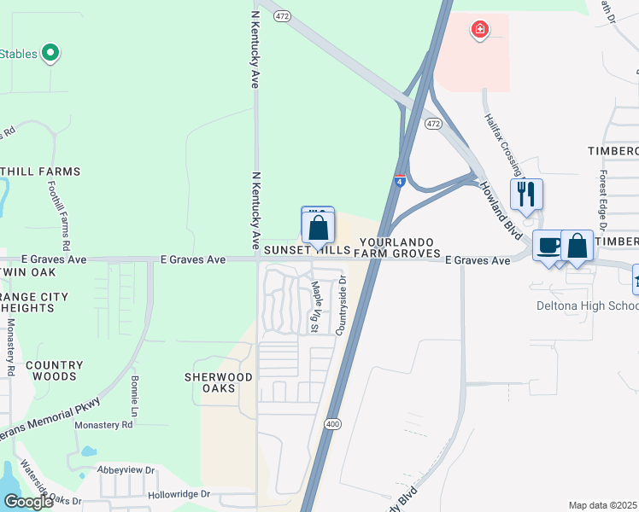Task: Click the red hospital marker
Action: (x=480, y=31)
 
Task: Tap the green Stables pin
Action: (x=50, y=54)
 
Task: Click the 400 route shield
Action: (x=331, y=423)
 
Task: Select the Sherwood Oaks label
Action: (x=219, y=382)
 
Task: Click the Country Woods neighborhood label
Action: (x=54, y=370)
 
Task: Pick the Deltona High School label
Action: (x=587, y=305)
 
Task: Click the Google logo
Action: (x=28, y=502)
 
